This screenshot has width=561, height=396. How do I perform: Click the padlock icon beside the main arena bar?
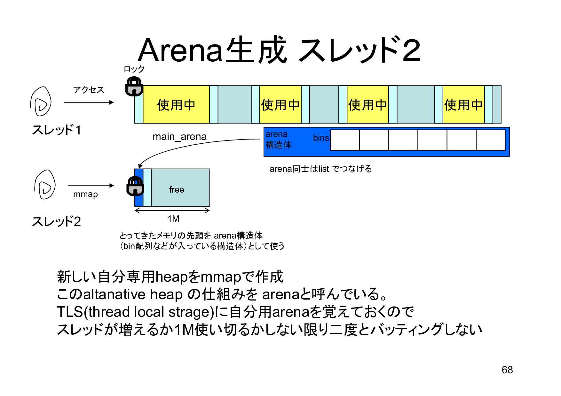(134, 86)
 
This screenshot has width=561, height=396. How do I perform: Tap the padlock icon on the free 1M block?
(135, 186)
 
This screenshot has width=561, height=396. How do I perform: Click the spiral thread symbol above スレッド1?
(41, 101)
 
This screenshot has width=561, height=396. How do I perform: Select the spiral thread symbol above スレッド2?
(45, 185)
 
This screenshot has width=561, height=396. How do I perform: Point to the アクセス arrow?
(89, 102)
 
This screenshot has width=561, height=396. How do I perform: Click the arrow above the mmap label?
(91, 185)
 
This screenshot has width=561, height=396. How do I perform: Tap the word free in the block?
(177, 190)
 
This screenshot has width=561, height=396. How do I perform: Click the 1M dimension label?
(173, 219)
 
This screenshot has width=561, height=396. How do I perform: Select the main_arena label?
(179, 137)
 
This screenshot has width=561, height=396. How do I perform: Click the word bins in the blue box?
(321, 138)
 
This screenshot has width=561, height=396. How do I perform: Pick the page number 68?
(507, 370)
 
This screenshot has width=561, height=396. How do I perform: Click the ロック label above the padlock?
(134, 69)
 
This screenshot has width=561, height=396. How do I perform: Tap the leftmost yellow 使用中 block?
(176, 104)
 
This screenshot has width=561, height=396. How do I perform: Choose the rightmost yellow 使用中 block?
(463, 104)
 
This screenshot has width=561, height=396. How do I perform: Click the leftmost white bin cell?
(345, 140)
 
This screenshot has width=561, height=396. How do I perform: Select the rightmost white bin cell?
(491, 140)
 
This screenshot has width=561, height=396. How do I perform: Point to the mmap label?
(85, 194)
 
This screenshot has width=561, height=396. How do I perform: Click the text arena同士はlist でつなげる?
(320, 169)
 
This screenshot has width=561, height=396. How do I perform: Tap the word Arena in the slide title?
(180, 50)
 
